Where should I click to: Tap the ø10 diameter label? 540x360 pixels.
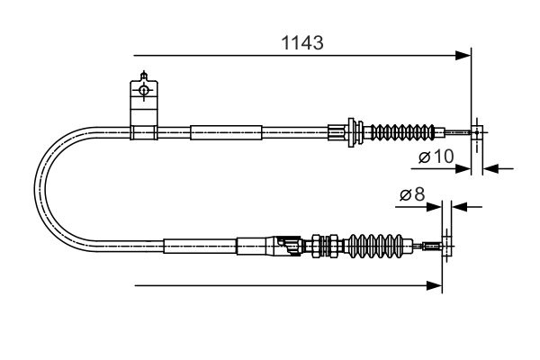tap(436, 157)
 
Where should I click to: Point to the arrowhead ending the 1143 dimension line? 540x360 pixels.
tap(464, 56)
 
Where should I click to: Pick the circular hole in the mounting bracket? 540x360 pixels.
tap(142, 90)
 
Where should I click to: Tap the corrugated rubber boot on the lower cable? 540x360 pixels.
tap(373, 244)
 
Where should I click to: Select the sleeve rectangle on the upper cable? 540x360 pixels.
tap(226, 133)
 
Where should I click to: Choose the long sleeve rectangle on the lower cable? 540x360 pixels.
tap(199, 244)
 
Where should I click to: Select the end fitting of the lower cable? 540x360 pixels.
tap(436, 244)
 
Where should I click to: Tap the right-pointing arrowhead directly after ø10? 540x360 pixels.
tap(465, 166)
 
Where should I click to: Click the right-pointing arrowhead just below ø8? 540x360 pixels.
tap(435, 206)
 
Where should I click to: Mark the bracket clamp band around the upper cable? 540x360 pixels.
tap(142, 133)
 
